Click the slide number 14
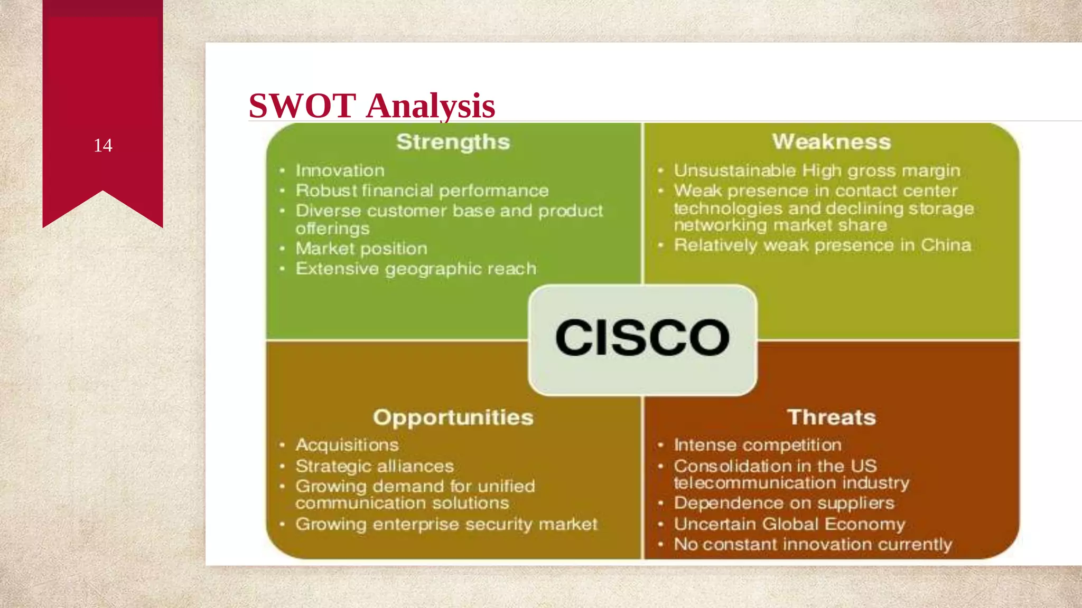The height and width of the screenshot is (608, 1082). (x=103, y=146)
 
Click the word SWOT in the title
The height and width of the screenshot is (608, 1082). (x=302, y=106)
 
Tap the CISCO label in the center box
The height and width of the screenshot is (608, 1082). (x=642, y=338)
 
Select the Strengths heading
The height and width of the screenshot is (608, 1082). (x=453, y=142)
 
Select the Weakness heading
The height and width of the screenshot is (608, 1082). (x=831, y=142)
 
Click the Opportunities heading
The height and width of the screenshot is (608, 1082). (x=453, y=417)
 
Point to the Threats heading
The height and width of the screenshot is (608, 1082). (x=831, y=417)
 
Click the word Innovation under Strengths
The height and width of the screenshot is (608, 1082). (x=340, y=170)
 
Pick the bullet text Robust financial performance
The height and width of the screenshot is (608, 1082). (x=422, y=191)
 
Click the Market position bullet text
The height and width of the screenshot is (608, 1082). (x=361, y=249)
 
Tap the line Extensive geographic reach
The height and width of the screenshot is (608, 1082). (x=416, y=269)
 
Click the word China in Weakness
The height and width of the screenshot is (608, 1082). (x=946, y=245)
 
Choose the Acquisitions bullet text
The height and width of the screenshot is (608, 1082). (x=347, y=445)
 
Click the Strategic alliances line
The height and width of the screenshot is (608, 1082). (x=375, y=466)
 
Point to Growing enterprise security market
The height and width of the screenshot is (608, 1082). (x=446, y=524)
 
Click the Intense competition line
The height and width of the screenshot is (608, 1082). (x=757, y=445)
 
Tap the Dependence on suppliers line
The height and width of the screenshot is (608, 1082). (x=783, y=503)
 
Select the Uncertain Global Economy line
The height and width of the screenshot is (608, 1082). (x=789, y=524)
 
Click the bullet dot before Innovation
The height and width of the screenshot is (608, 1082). (x=283, y=170)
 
